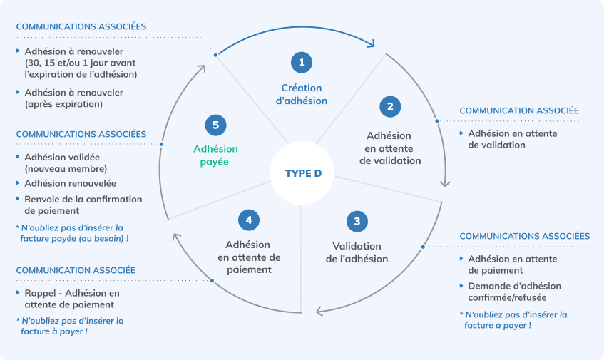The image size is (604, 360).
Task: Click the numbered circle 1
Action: click(x=302, y=63)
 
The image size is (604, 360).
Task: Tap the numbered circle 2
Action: click(x=390, y=107)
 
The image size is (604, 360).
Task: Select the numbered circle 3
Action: click(x=357, y=221)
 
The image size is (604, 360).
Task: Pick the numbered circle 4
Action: click(x=248, y=220)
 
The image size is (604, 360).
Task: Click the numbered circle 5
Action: click(x=215, y=125)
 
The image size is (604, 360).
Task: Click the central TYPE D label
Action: click(x=302, y=173)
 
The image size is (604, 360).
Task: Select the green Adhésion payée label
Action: click(x=215, y=155)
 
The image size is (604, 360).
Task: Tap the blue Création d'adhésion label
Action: click(x=302, y=94)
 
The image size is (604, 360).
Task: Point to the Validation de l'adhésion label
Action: click(x=357, y=252)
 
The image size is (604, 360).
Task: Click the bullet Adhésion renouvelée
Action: click(x=70, y=183)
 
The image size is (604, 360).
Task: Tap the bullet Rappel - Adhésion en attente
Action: click(x=71, y=299)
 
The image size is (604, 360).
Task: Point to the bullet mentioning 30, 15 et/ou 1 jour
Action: click(x=80, y=63)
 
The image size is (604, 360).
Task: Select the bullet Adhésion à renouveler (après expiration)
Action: click(x=73, y=98)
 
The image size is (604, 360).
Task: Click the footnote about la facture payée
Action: click(x=71, y=232)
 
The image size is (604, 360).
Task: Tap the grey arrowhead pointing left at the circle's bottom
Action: click(x=321, y=311)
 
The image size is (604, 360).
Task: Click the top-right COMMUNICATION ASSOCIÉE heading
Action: click(x=518, y=110)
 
